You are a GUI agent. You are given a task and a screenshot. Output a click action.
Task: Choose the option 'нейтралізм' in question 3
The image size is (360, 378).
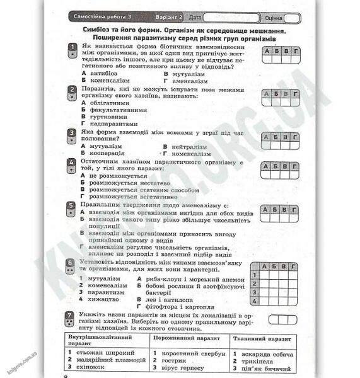190,146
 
